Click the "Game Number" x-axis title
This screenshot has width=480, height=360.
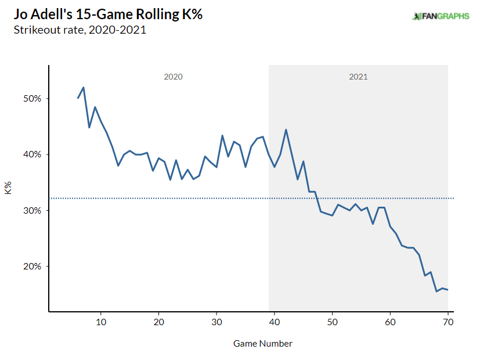pos(263,344)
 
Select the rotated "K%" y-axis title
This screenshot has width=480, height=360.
pos(8,188)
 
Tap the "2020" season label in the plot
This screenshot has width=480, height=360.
pos(173,77)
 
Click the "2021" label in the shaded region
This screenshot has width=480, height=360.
pos(358,77)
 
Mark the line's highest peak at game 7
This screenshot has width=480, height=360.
pos(84,88)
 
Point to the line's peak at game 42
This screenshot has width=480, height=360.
pos(286,129)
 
